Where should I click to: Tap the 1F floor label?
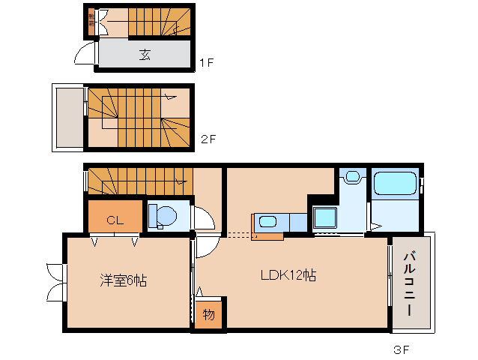[207, 63]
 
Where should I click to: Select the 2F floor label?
[208, 139]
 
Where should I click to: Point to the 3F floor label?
[402, 349]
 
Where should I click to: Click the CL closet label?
[114, 220]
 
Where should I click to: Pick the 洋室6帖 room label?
[124, 281]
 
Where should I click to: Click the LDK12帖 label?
[288, 275]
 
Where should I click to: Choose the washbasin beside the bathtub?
[351, 178]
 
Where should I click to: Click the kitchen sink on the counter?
[267, 222]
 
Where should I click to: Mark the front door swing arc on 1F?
[85, 53]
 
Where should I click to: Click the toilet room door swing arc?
[203, 219]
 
